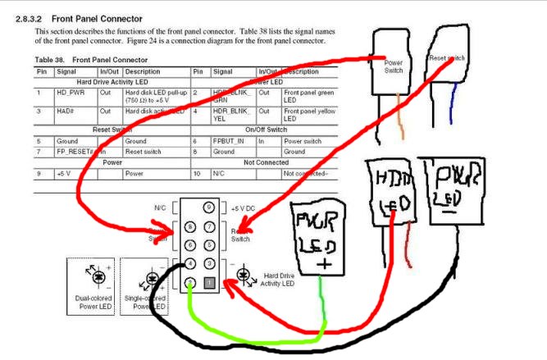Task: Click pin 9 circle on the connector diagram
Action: tap(210, 207)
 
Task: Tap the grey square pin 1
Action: tap(210, 283)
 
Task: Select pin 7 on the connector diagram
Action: tap(210, 226)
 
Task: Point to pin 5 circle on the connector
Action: tap(210, 244)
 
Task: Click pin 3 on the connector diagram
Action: tap(210, 263)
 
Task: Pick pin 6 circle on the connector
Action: tap(190, 244)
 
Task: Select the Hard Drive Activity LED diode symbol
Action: tap(244, 275)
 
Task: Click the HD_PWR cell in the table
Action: tap(71, 92)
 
